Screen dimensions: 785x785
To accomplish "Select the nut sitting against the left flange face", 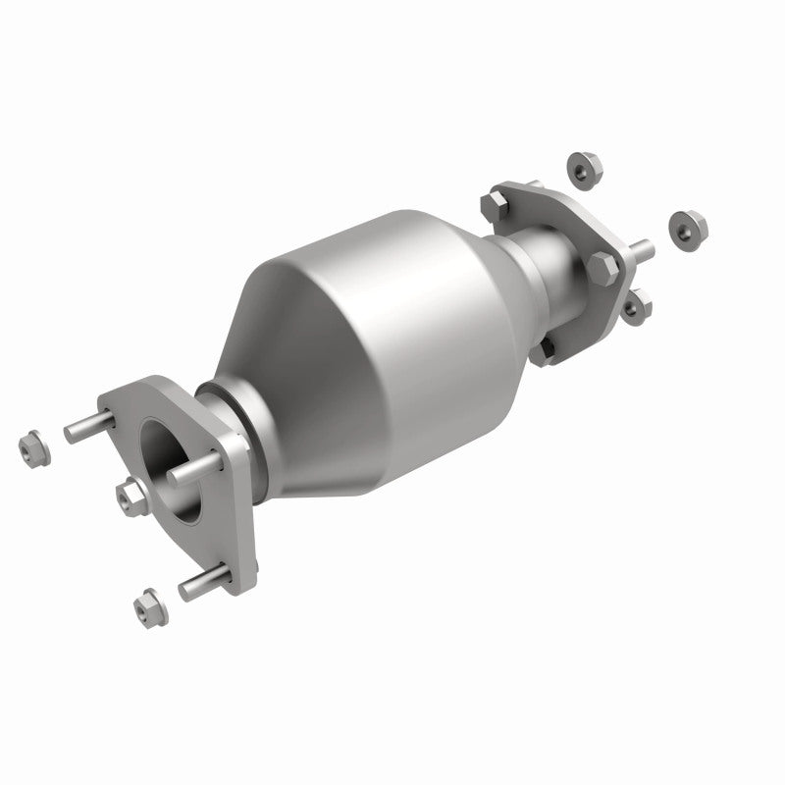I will [x=127, y=497].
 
